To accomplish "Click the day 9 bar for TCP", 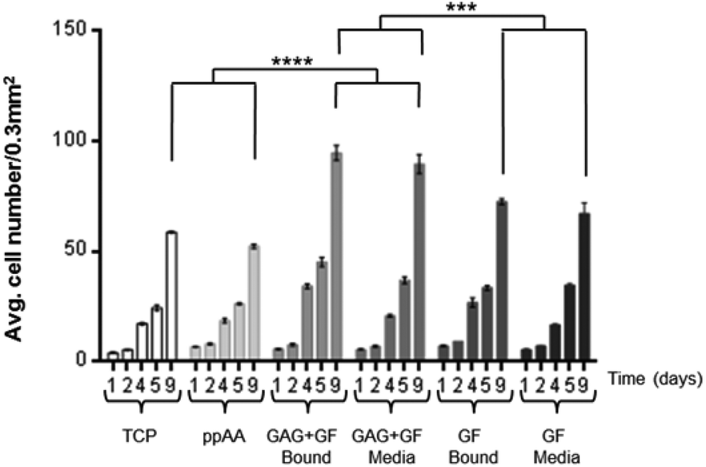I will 171,296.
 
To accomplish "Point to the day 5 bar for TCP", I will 157,334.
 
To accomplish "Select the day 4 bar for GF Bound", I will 472,332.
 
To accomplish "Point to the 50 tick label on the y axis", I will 79,252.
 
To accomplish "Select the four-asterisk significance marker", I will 292,61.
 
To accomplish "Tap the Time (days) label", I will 654,376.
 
